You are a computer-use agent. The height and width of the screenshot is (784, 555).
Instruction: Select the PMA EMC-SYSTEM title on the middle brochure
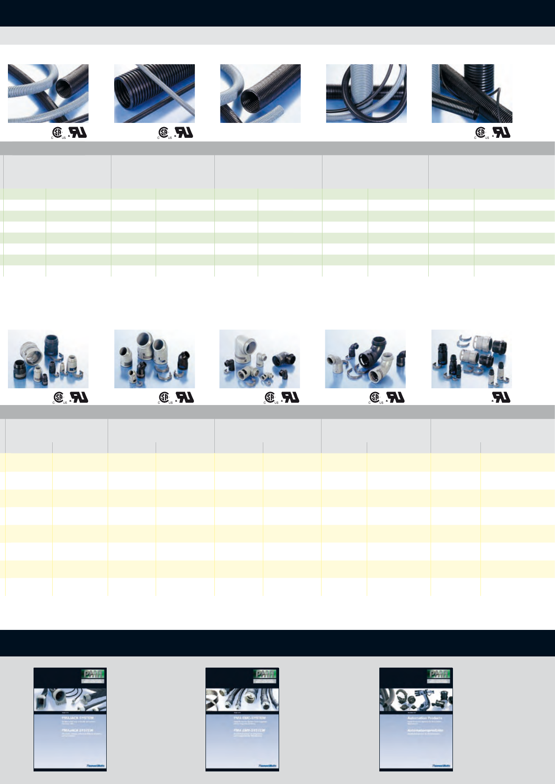pos(250,717)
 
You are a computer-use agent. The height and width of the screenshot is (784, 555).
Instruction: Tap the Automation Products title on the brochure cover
pos(425,718)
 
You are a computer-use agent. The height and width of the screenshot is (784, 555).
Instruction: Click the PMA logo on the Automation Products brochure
pos(439,674)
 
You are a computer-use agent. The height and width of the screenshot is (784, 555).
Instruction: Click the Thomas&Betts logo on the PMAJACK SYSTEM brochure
pos(96,765)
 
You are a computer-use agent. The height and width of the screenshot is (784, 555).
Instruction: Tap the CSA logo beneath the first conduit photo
pos(57,133)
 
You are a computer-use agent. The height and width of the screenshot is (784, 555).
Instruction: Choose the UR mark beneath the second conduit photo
pos(185,133)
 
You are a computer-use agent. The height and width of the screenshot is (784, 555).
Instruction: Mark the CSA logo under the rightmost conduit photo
pos(481,133)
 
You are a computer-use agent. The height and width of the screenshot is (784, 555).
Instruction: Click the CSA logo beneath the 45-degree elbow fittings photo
pos(164,397)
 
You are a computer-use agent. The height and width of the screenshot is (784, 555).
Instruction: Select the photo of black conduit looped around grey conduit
pos(366,94)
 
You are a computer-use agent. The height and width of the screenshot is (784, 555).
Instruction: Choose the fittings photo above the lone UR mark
pos(472,359)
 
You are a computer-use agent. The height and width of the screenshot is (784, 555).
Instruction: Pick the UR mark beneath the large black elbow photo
pos(397,397)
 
